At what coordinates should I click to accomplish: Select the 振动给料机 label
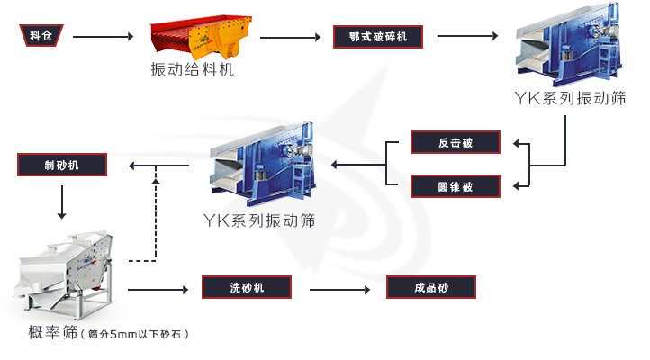point(193,70)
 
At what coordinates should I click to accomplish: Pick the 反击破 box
point(455,142)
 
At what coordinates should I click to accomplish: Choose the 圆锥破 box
point(455,185)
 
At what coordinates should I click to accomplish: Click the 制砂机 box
point(61,165)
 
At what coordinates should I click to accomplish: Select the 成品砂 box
point(430,288)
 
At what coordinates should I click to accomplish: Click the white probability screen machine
point(63,270)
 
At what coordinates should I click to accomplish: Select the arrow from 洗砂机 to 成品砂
point(340,289)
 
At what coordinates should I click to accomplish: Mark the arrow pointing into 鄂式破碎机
point(293,37)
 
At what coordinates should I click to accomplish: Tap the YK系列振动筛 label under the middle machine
point(258,220)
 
